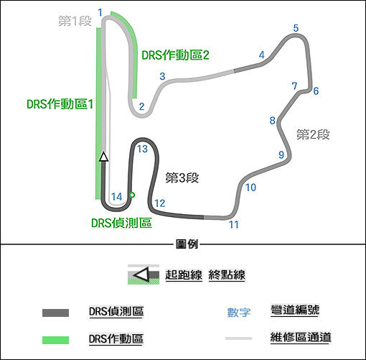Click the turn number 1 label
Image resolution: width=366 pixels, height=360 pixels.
coord(100,13)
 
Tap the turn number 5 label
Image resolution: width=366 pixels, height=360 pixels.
coord(296,28)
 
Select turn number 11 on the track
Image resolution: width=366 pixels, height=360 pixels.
coord(234,225)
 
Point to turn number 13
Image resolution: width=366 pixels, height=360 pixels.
coord(142,149)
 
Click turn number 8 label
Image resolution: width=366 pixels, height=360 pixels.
coord(272,121)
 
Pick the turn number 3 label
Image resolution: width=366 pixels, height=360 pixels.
coord(162,76)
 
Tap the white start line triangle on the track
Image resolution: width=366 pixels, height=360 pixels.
coord(104,157)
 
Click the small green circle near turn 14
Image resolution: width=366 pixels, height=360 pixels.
coord(132,195)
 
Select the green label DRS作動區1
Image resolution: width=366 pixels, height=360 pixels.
coord(60,104)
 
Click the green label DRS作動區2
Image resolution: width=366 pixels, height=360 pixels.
coord(175,55)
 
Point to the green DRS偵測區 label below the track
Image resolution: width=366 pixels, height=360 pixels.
coord(121,223)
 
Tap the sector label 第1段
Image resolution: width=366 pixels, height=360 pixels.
coord(75,21)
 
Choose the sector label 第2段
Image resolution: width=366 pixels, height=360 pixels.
coord(313,134)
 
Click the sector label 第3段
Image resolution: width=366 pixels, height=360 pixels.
coord(182,178)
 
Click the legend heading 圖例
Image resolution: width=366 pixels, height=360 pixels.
coord(187,244)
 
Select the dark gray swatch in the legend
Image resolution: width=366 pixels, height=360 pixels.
coord(55,313)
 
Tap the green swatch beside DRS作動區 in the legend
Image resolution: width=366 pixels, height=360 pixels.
coord(55,340)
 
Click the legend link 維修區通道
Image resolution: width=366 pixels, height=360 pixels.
coord(301,337)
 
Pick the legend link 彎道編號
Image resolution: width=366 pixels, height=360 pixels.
coord(295,310)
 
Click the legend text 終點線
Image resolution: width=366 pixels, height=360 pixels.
coord(227,274)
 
